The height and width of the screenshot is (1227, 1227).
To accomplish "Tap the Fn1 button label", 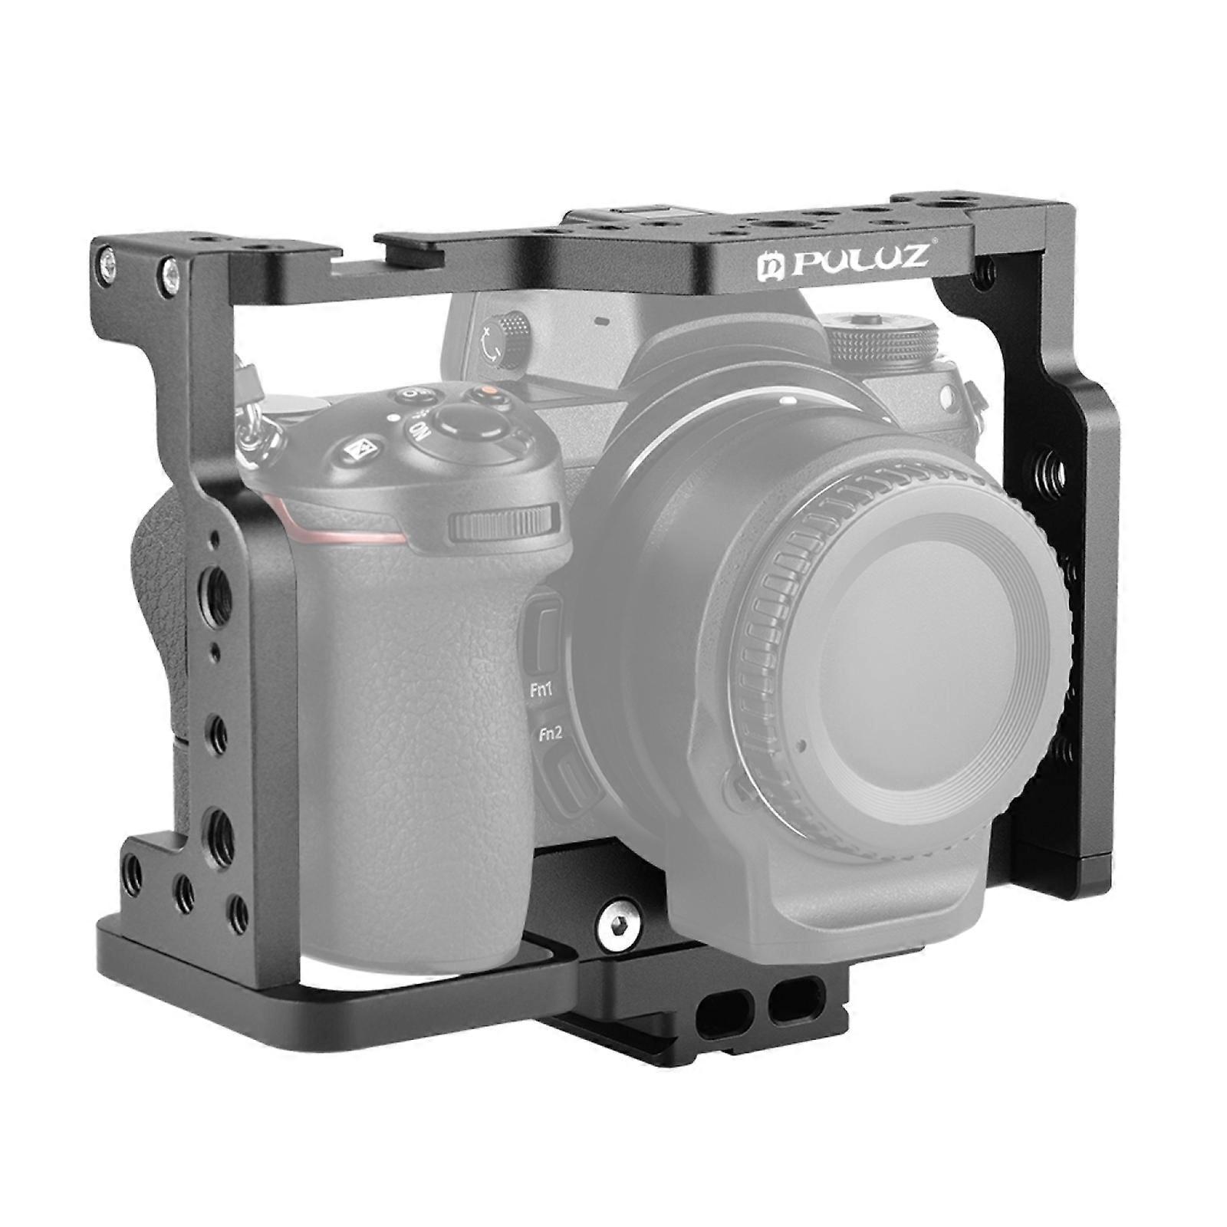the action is coord(542,690).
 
